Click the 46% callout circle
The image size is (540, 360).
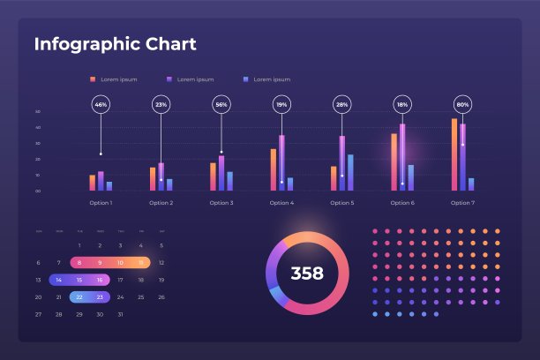coord(101,105)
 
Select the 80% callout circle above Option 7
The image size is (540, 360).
coord(462,105)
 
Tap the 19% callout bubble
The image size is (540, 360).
coord(281,105)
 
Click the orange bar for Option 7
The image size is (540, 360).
coord(454,154)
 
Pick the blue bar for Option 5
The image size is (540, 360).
coord(350,172)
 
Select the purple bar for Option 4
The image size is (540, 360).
coord(281,162)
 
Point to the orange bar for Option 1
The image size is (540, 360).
coord(92,182)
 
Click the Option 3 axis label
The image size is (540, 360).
coord(221,203)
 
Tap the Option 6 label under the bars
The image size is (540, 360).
coord(402,203)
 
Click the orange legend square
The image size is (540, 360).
coord(93,79)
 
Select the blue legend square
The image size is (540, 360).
coord(245,79)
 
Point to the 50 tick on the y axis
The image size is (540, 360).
coord(38,112)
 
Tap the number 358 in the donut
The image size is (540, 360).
coord(307,274)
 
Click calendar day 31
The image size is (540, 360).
coord(120,314)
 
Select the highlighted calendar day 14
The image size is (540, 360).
coord(59,280)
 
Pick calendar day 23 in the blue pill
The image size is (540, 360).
coord(100,297)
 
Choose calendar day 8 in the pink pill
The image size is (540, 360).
coord(79,263)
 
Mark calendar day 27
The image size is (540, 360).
coord(39,314)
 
